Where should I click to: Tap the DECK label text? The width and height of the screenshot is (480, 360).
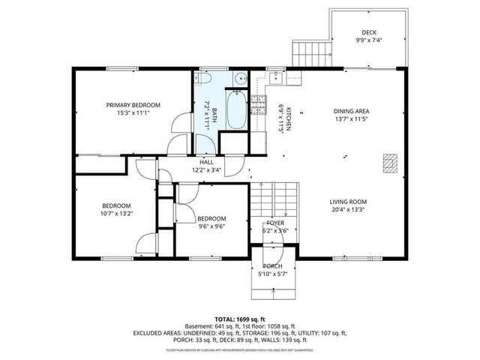[368, 32]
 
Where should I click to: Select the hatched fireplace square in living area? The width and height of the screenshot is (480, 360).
[389, 163]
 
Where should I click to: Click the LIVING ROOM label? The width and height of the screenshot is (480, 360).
[348, 202]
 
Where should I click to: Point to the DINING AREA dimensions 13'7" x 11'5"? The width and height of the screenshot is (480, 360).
[352, 119]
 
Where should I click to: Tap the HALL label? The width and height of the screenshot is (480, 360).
[207, 162]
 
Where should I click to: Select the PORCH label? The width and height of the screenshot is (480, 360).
[272, 266]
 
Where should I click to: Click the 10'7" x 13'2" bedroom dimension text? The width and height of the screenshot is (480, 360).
[116, 214]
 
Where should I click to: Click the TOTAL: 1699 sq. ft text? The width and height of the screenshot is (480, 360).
[239, 318]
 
